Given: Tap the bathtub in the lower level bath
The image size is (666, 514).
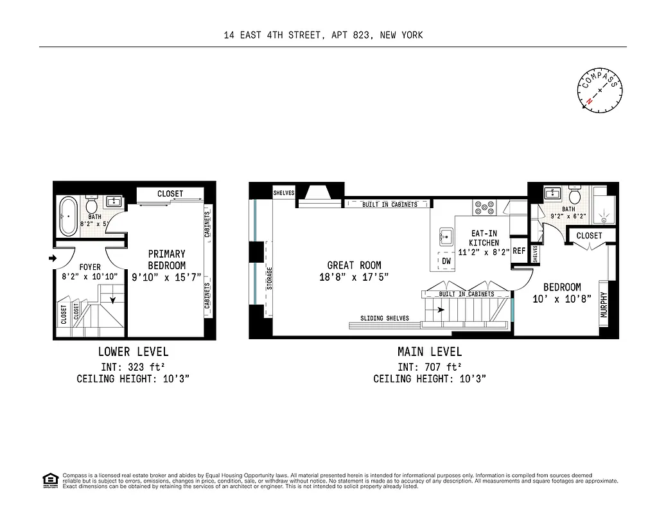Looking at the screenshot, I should [x=67, y=217].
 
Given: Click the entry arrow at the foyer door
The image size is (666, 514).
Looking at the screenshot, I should [x=52, y=259].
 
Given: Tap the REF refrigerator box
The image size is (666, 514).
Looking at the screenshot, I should [x=519, y=251].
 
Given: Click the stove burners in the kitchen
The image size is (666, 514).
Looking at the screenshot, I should [x=484, y=207].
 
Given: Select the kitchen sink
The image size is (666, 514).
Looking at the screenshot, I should [x=446, y=236].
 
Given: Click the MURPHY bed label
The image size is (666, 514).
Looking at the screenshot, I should [x=604, y=305].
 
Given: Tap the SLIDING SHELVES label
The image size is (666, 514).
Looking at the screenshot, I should [x=385, y=318].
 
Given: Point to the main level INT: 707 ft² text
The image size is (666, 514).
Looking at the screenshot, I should [x=429, y=367].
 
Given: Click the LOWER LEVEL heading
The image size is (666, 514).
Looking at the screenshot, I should [x=133, y=351].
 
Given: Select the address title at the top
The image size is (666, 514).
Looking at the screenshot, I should [x=323, y=35].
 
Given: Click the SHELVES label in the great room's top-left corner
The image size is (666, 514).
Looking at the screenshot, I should [x=284, y=193].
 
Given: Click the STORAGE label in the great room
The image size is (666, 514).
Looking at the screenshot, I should [x=270, y=278].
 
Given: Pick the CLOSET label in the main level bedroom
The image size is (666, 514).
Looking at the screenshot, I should [x=589, y=236].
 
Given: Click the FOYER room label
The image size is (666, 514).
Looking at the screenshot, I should [x=90, y=267].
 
